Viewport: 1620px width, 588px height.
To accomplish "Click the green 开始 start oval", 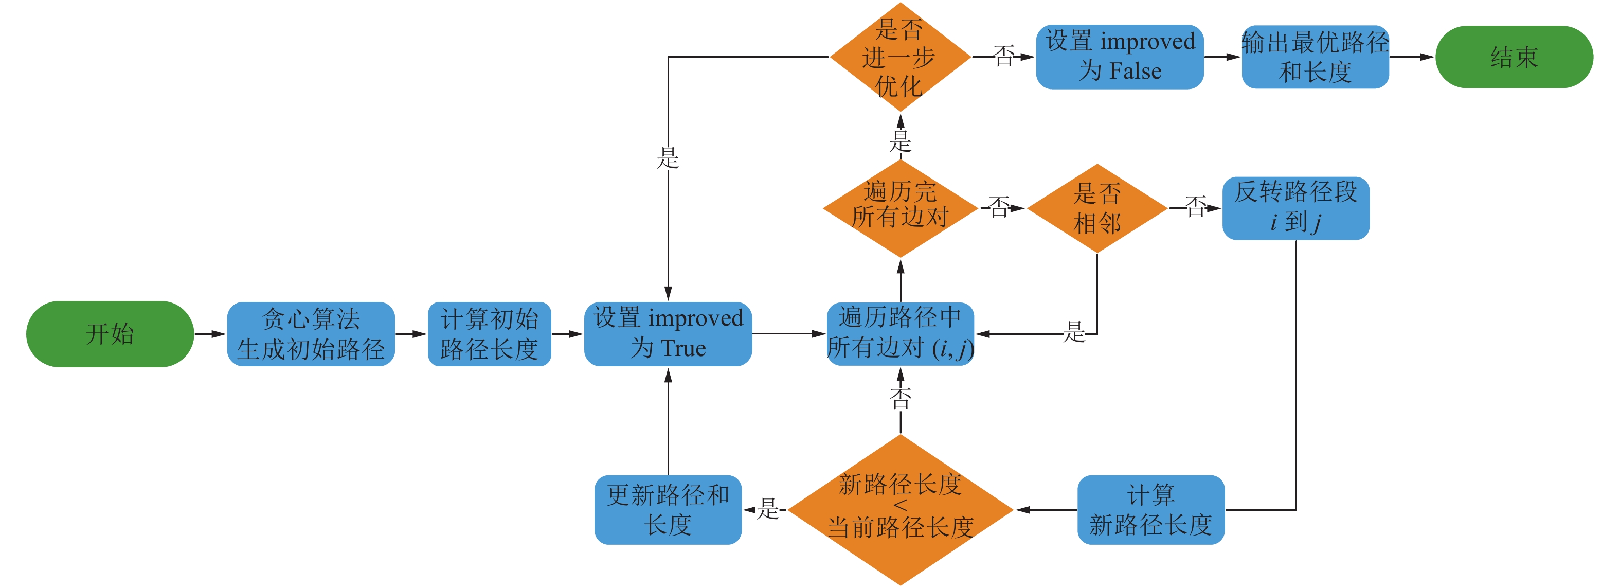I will pyautogui.click(x=110, y=334).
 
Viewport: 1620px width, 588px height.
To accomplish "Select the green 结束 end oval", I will pyautogui.click(x=1514, y=57).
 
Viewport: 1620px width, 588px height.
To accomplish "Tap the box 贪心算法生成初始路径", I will pyautogui.click(x=311, y=334).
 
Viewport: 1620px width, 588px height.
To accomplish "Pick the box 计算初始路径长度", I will pyautogui.click(x=489, y=334).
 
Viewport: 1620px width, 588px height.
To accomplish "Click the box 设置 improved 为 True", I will pyautogui.click(x=668, y=334).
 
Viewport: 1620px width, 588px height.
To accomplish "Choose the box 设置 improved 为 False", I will pyautogui.click(x=1120, y=57).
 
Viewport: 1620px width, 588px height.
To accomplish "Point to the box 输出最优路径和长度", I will pyautogui.click(x=1315, y=57).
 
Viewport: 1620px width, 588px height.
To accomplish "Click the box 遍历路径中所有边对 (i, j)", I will pyautogui.click(x=901, y=334).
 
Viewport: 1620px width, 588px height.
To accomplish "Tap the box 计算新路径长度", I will pyautogui.click(x=1151, y=510).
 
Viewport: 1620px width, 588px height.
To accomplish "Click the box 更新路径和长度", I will pyautogui.click(x=668, y=510).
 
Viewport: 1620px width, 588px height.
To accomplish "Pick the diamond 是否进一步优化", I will pyautogui.click(x=900, y=57).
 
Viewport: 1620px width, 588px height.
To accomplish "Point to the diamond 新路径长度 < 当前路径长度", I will pyautogui.click(x=900, y=510).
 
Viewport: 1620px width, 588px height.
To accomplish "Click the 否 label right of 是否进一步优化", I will pyautogui.click(x=1004, y=56).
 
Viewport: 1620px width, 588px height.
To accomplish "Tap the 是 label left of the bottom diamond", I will pyautogui.click(x=768, y=509).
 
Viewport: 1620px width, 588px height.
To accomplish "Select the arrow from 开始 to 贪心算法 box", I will pyautogui.click(x=210, y=334).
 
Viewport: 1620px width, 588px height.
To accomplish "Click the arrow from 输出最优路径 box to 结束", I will pyautogui.click(x=1412, y=57).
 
